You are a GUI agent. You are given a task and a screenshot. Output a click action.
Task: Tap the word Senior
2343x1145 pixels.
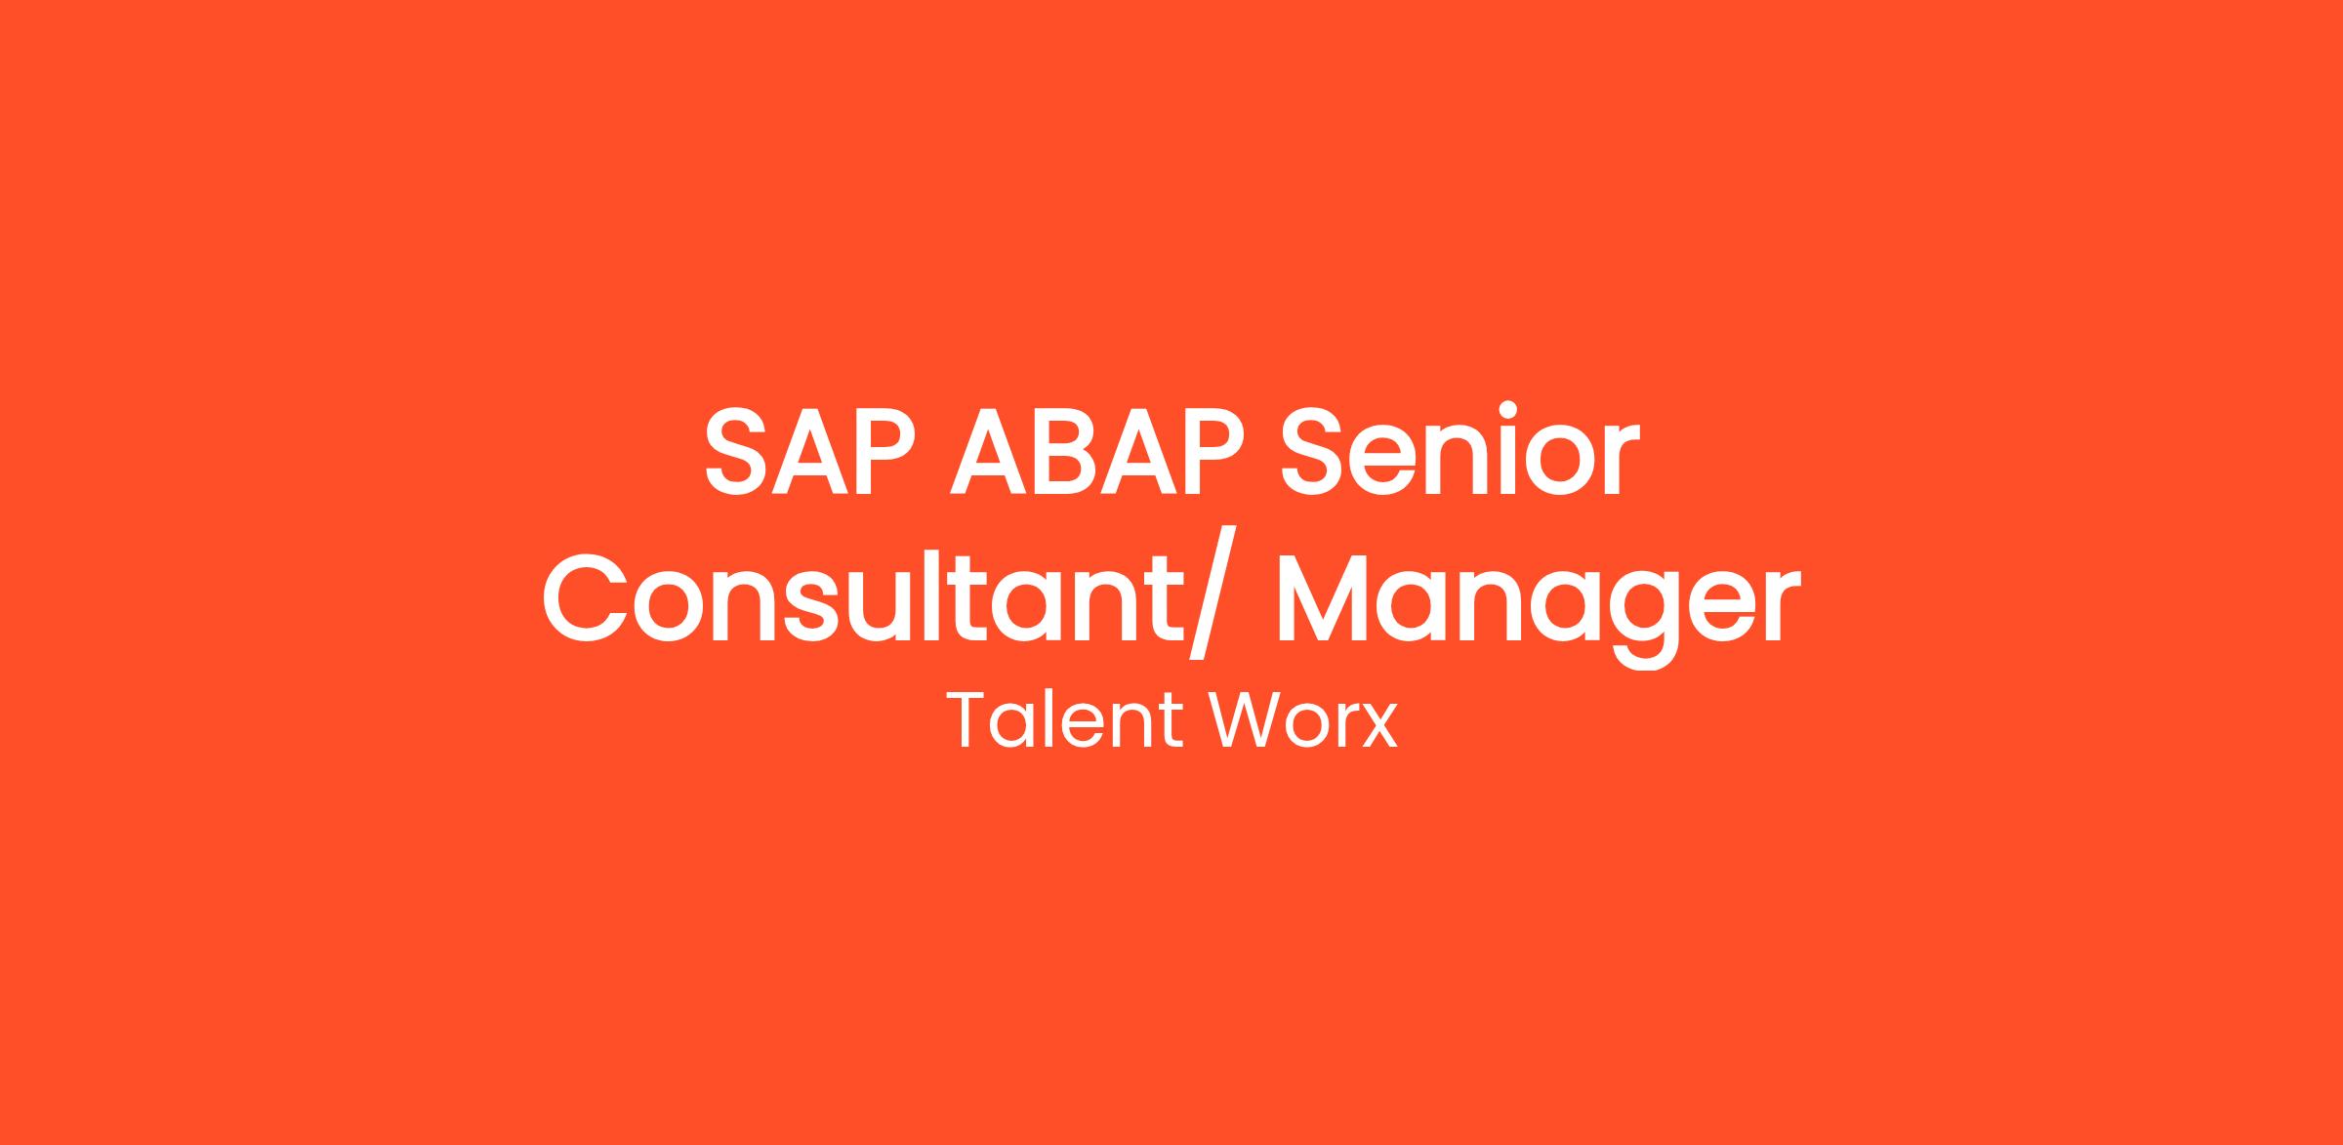tap(1459, 449)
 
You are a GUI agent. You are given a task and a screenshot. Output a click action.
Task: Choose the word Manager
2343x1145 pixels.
tap(1538, 609)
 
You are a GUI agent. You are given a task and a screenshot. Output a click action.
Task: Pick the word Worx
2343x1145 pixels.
tap(1304, 720)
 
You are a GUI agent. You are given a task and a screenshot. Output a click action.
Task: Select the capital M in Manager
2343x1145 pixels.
tap(1325, 597)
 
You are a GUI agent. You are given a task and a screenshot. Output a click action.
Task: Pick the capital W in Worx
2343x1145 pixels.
tap(1249, 720)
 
